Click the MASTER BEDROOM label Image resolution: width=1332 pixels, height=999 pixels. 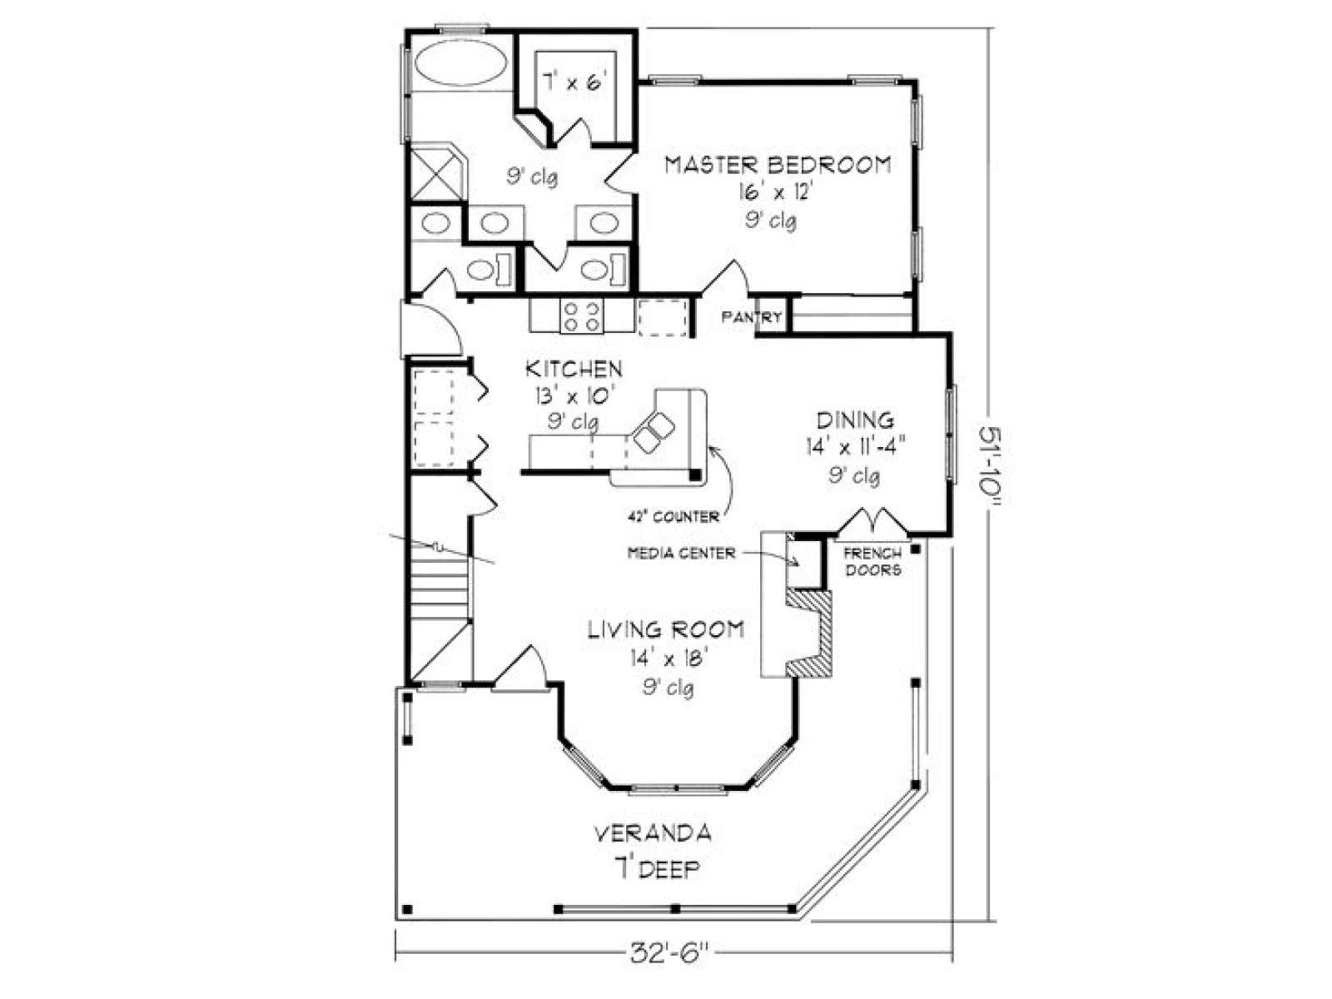(x=778, y=165)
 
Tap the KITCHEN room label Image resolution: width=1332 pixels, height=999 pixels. (x=574, y=369)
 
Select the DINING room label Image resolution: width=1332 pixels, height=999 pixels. (x=855, y=420)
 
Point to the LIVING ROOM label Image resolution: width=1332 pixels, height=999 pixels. (x=666, y=629)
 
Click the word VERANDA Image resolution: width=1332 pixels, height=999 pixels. (x=652, y=833)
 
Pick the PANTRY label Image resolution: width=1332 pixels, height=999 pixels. (x=752, y=316)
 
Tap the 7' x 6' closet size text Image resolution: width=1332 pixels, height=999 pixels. (x=574, y=81)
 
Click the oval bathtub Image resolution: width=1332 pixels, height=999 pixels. (x=460, y=65)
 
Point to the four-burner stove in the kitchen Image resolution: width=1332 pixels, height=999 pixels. (x=581, y=316)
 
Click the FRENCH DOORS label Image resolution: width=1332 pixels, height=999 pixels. (x=873, y=561)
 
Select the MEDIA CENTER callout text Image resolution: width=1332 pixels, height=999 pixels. (x=681, y=553)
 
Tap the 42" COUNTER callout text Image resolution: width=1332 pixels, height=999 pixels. (x=673, y=517)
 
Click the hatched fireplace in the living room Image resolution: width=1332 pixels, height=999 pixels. (x=810, y=634)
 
